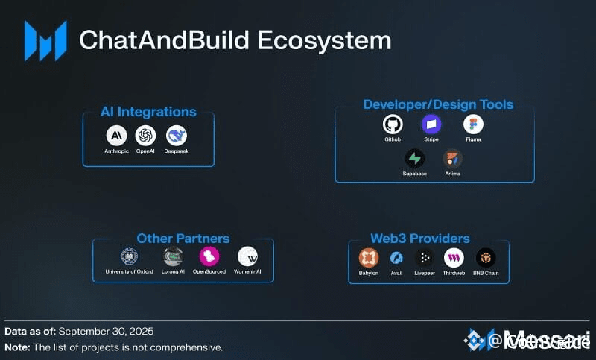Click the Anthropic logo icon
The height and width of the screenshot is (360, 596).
(x=116, y=135)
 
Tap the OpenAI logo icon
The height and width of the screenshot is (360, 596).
(x=146, y=135)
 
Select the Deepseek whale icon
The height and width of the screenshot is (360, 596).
(x=177, y=135)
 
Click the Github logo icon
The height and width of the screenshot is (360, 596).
(x=393, y=124)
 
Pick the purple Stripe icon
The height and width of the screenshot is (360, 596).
(x=431, y=124)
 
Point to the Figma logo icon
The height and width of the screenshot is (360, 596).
(x=473, y=124)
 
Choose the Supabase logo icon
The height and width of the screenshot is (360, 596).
(x=414, y=158)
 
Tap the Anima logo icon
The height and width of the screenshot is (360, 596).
(x=453, y=158)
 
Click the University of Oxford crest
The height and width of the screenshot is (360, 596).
(x=130, y=256)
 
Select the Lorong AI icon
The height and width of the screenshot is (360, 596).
(x=173, y=256)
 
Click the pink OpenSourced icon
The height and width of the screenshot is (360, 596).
(x=209, y=256)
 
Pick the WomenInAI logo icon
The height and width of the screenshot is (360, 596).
(x=247, y=256)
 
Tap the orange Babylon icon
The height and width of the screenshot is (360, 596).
(x=369, y=258)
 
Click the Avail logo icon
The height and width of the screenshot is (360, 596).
(x=397, y=258)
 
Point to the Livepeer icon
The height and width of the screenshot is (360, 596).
(x=425, y=258)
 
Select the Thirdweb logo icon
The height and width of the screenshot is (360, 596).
(x=454, y=258)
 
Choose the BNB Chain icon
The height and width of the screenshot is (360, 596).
(x=486, y=258)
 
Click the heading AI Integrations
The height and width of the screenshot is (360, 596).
(x=148, y=112)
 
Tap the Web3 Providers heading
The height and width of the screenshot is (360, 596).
(x=419, y=239)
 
